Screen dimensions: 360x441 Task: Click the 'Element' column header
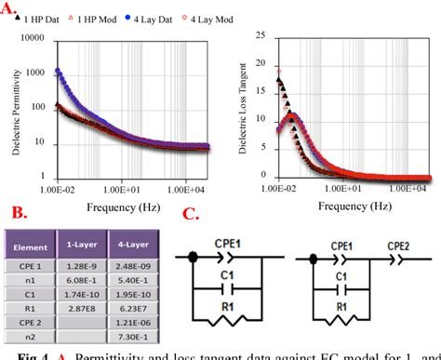point(33,244)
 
